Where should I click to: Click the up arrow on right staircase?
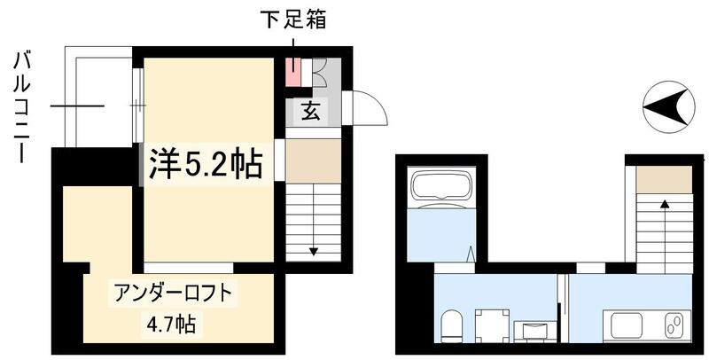tap(664, 205)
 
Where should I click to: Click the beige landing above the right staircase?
tap(664, 179)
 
